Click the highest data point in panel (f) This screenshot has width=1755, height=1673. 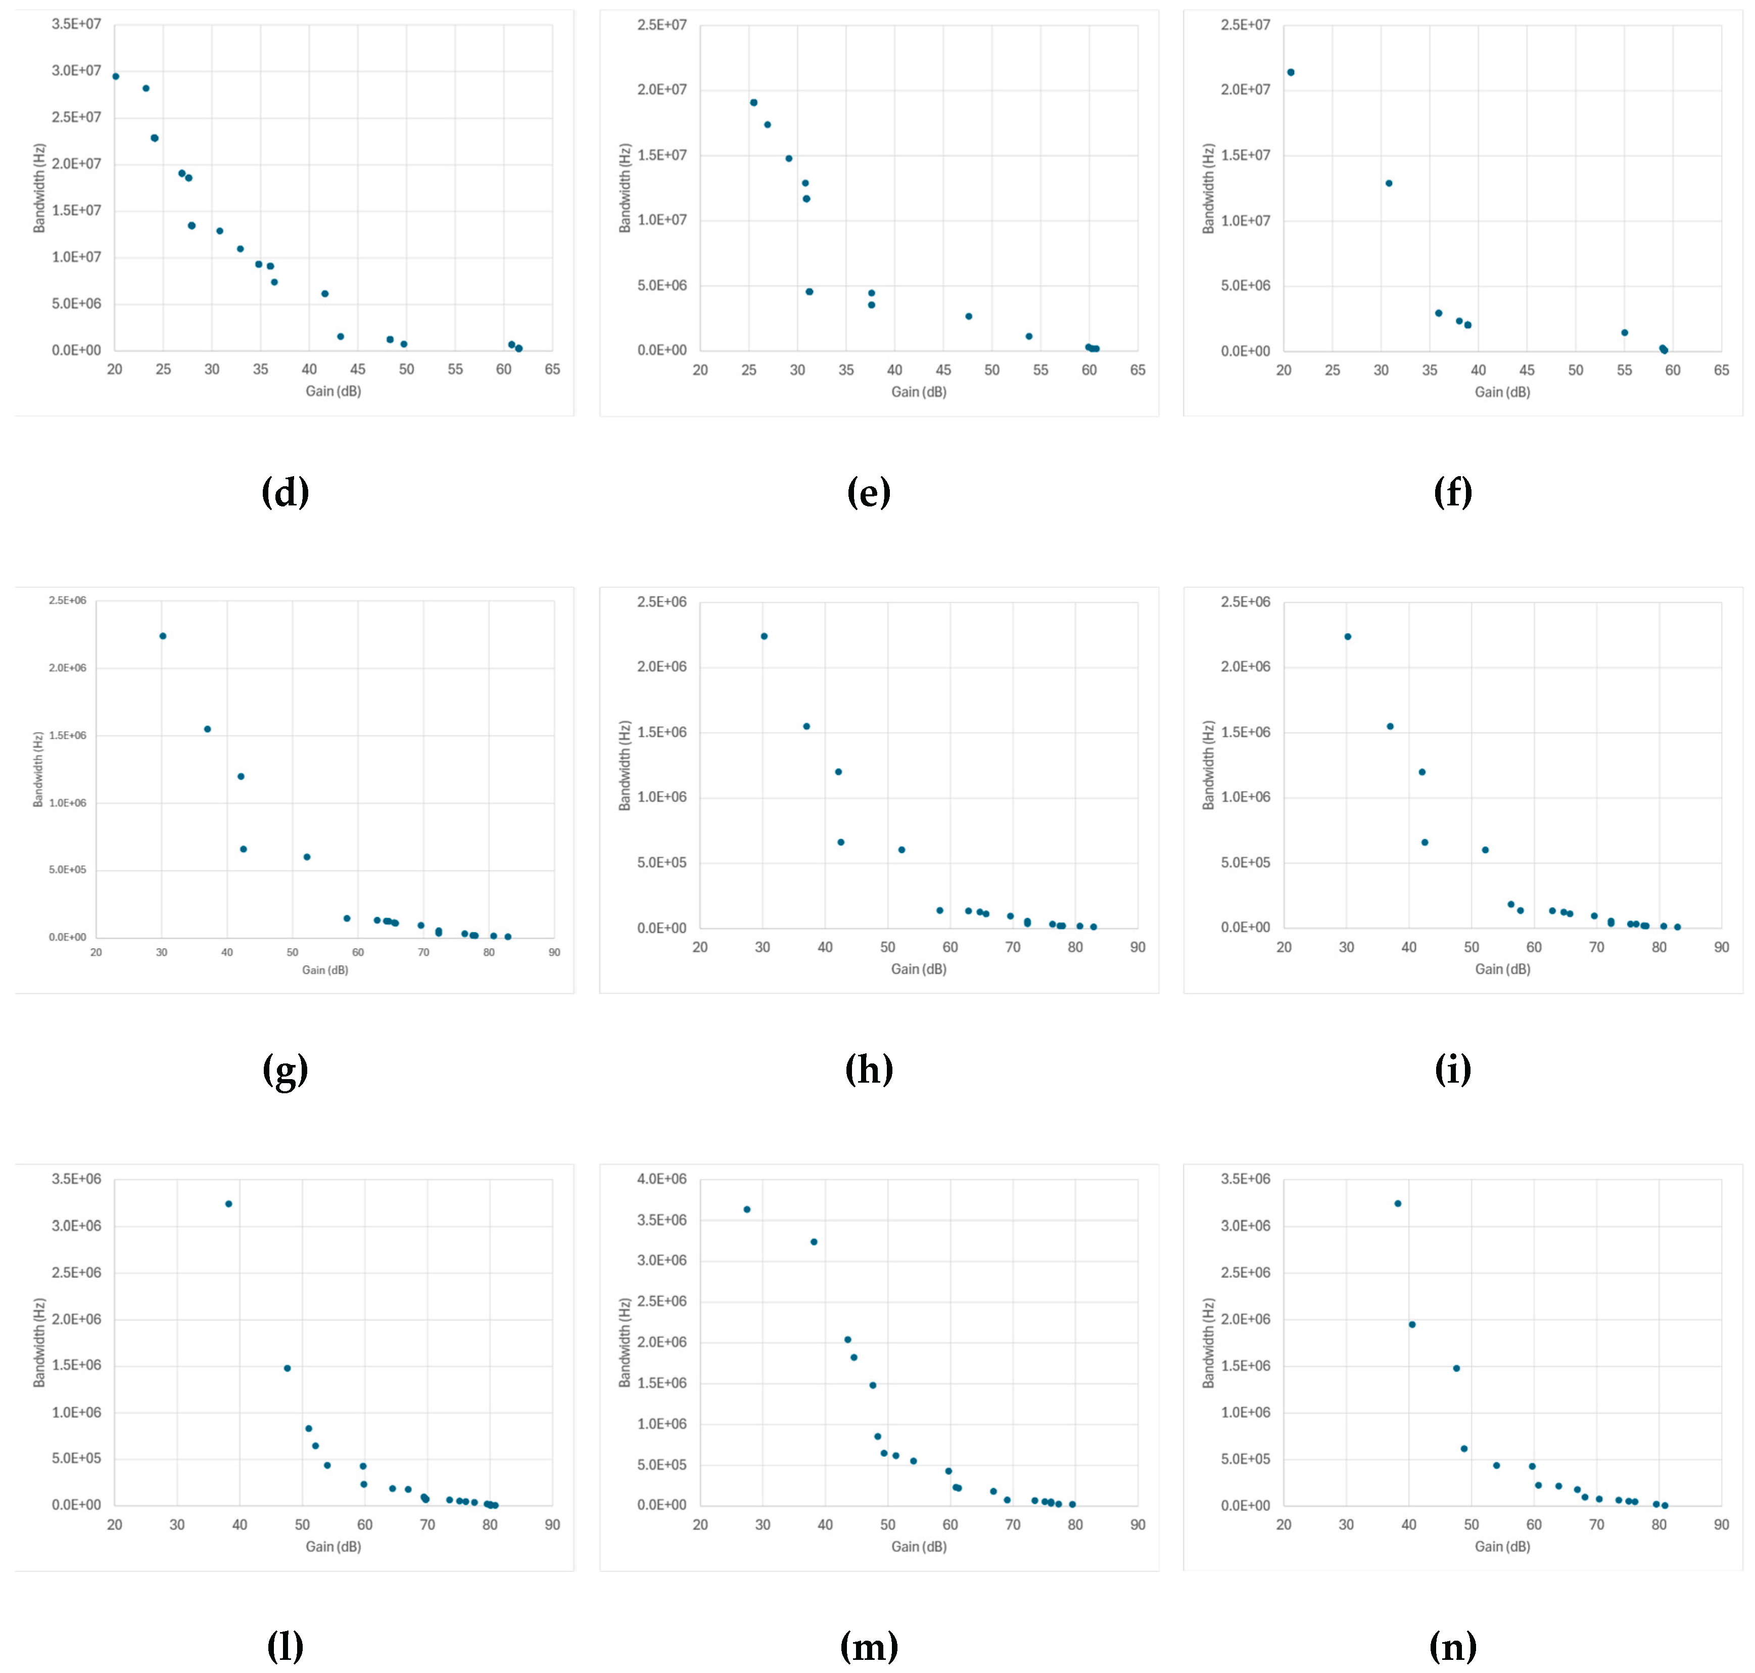click(1291, 72)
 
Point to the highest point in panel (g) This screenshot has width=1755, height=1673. click(162, 636)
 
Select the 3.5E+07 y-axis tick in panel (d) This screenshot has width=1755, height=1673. click(77, 24)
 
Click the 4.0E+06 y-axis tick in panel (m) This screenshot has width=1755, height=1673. click(661, 1179)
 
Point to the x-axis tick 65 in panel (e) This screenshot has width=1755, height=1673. click(1137, 369)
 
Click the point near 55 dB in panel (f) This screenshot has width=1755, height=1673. click(1624, 333)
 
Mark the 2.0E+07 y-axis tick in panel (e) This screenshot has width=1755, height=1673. click(661, 89)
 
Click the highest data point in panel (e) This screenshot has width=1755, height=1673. click(753, 103)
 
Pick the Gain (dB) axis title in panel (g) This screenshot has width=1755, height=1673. click(324, 969)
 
